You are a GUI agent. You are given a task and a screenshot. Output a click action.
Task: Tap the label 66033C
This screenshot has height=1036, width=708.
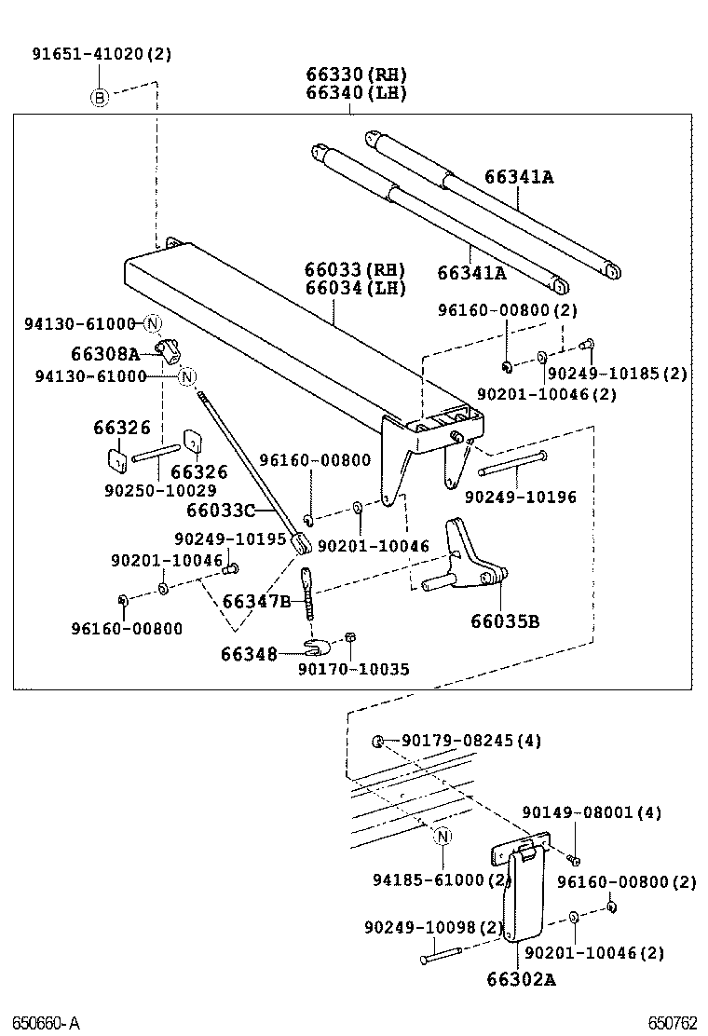tap(220, 511)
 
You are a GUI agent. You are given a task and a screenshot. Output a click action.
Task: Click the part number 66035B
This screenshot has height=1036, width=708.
tap(504, 621)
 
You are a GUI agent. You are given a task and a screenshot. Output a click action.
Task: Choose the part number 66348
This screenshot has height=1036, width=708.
tap(249, 654)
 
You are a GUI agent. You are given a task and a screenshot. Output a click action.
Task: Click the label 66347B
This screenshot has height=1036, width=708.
tap(256, 601)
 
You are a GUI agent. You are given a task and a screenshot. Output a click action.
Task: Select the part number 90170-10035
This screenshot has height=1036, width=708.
tap(341, 670)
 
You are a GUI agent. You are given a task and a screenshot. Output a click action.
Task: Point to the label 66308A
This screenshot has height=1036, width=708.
tap(104, 354)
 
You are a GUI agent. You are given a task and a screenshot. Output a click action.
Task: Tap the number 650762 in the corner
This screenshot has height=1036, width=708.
tap(673, 1022)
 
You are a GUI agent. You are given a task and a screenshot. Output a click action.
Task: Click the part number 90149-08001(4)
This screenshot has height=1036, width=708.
tap(592, 812)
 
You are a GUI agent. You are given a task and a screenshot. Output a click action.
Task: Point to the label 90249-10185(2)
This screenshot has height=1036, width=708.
tap(617, 374)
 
